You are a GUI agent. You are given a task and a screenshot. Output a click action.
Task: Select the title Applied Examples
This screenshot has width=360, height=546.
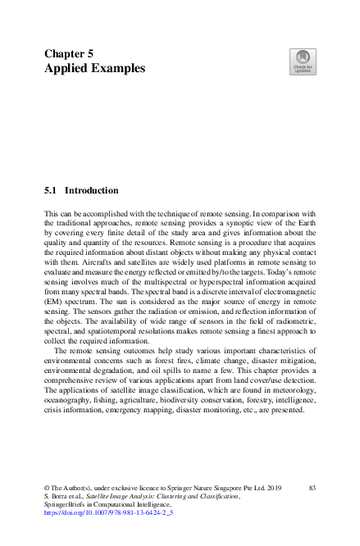(94, 69)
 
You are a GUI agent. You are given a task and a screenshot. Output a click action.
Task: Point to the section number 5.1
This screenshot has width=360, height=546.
(50, 190)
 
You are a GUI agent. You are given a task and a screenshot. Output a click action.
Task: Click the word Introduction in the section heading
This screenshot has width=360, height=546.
(92, 190)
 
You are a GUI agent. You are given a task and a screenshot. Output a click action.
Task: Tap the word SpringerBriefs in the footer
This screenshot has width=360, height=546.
(66, 505)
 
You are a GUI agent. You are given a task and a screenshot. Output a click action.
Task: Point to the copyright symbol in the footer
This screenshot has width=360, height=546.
(48, 488)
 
